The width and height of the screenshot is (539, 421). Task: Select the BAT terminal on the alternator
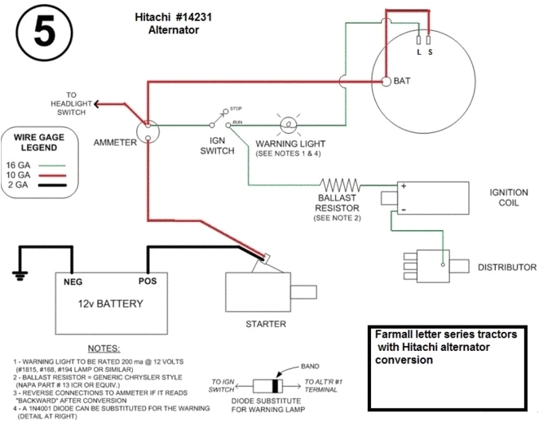point(384,81)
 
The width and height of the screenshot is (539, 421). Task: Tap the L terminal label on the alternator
point(418,52)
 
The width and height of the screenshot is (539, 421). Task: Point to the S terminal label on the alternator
point(431,52)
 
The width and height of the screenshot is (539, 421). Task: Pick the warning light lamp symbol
point(287,125)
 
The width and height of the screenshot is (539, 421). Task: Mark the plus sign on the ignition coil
point(403,187)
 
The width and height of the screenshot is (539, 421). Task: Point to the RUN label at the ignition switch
point(236,122)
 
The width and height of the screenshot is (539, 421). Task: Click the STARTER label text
point(266,324)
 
